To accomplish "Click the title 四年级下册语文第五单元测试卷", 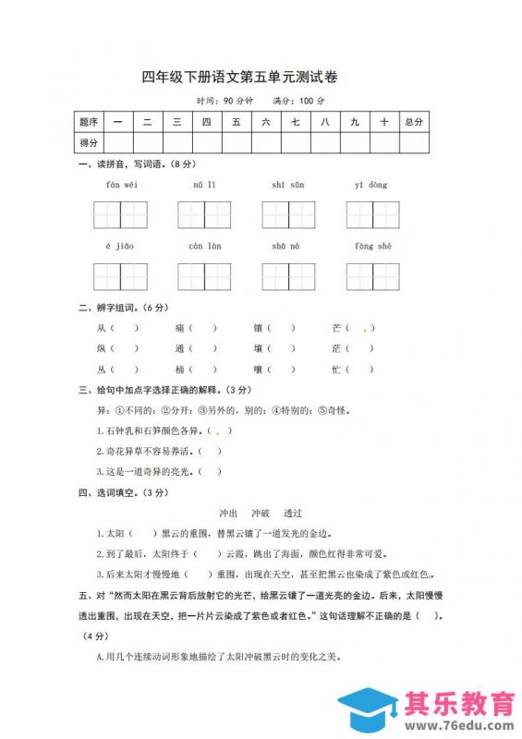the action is point(247,77).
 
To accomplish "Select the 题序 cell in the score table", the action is point(90,122).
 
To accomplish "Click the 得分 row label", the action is point(90,142).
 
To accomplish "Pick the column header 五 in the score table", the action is point(237,122).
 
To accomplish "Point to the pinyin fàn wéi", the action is point(120,185).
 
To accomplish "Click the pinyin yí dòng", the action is point(371,185).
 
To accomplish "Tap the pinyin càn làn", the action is point(204,247).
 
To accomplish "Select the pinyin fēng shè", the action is point(372,247).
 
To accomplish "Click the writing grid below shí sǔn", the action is point(288,214).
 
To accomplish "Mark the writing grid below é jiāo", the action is point(120,276).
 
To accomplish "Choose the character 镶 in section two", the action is point(258,328).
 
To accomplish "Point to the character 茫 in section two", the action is point(336,349).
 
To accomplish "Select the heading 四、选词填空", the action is point(120,492).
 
